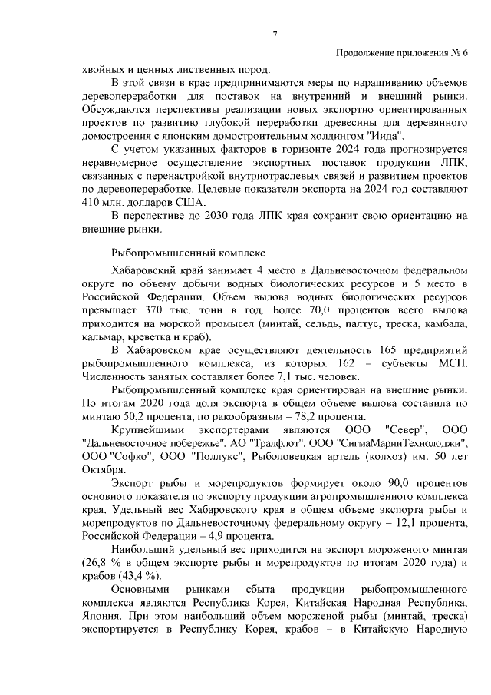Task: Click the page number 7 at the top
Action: [275, 34]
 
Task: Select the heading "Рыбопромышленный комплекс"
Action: [188, 250]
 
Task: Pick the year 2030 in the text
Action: [217, 216]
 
